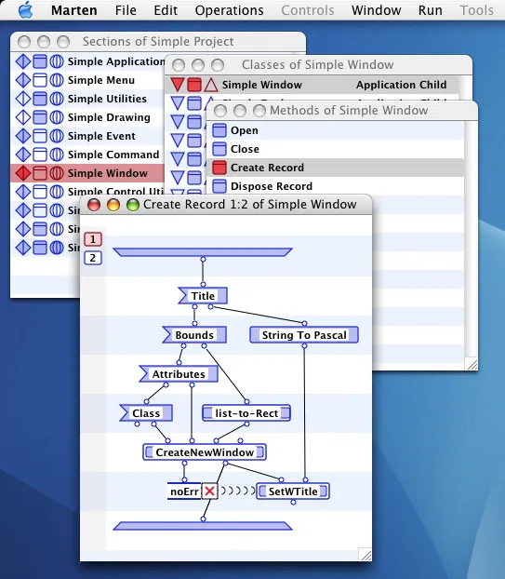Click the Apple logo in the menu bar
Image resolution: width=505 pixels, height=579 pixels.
click(x=25, y=10)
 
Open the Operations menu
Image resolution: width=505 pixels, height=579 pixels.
click(x=229, y=10)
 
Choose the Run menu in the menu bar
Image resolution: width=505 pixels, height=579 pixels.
click(x=431, y=10)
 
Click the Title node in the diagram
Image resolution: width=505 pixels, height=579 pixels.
click(x=203, y=296)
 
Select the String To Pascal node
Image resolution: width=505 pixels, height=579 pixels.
click(x=303, y=335)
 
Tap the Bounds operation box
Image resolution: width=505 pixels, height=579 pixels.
click(x=193, y=335)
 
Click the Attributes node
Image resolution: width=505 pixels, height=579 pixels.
click(x=179, y=374)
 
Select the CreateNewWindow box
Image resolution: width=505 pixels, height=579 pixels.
click(x=205, y=451)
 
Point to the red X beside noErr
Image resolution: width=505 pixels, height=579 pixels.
click(x=210, y=491)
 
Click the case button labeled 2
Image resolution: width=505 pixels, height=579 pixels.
click(x=93, y=258)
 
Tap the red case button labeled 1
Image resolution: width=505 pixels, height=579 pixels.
click(x=93, y=239)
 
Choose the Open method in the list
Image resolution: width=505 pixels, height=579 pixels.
click(x=245, y=130)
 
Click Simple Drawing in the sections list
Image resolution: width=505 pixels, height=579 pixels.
click(x=109, y=117)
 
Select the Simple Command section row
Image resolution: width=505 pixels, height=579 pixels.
click(x=113, y=155)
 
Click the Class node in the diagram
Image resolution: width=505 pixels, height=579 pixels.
click(x=146, y=412)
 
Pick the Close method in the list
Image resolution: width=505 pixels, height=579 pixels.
click(x=245, y=149)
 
